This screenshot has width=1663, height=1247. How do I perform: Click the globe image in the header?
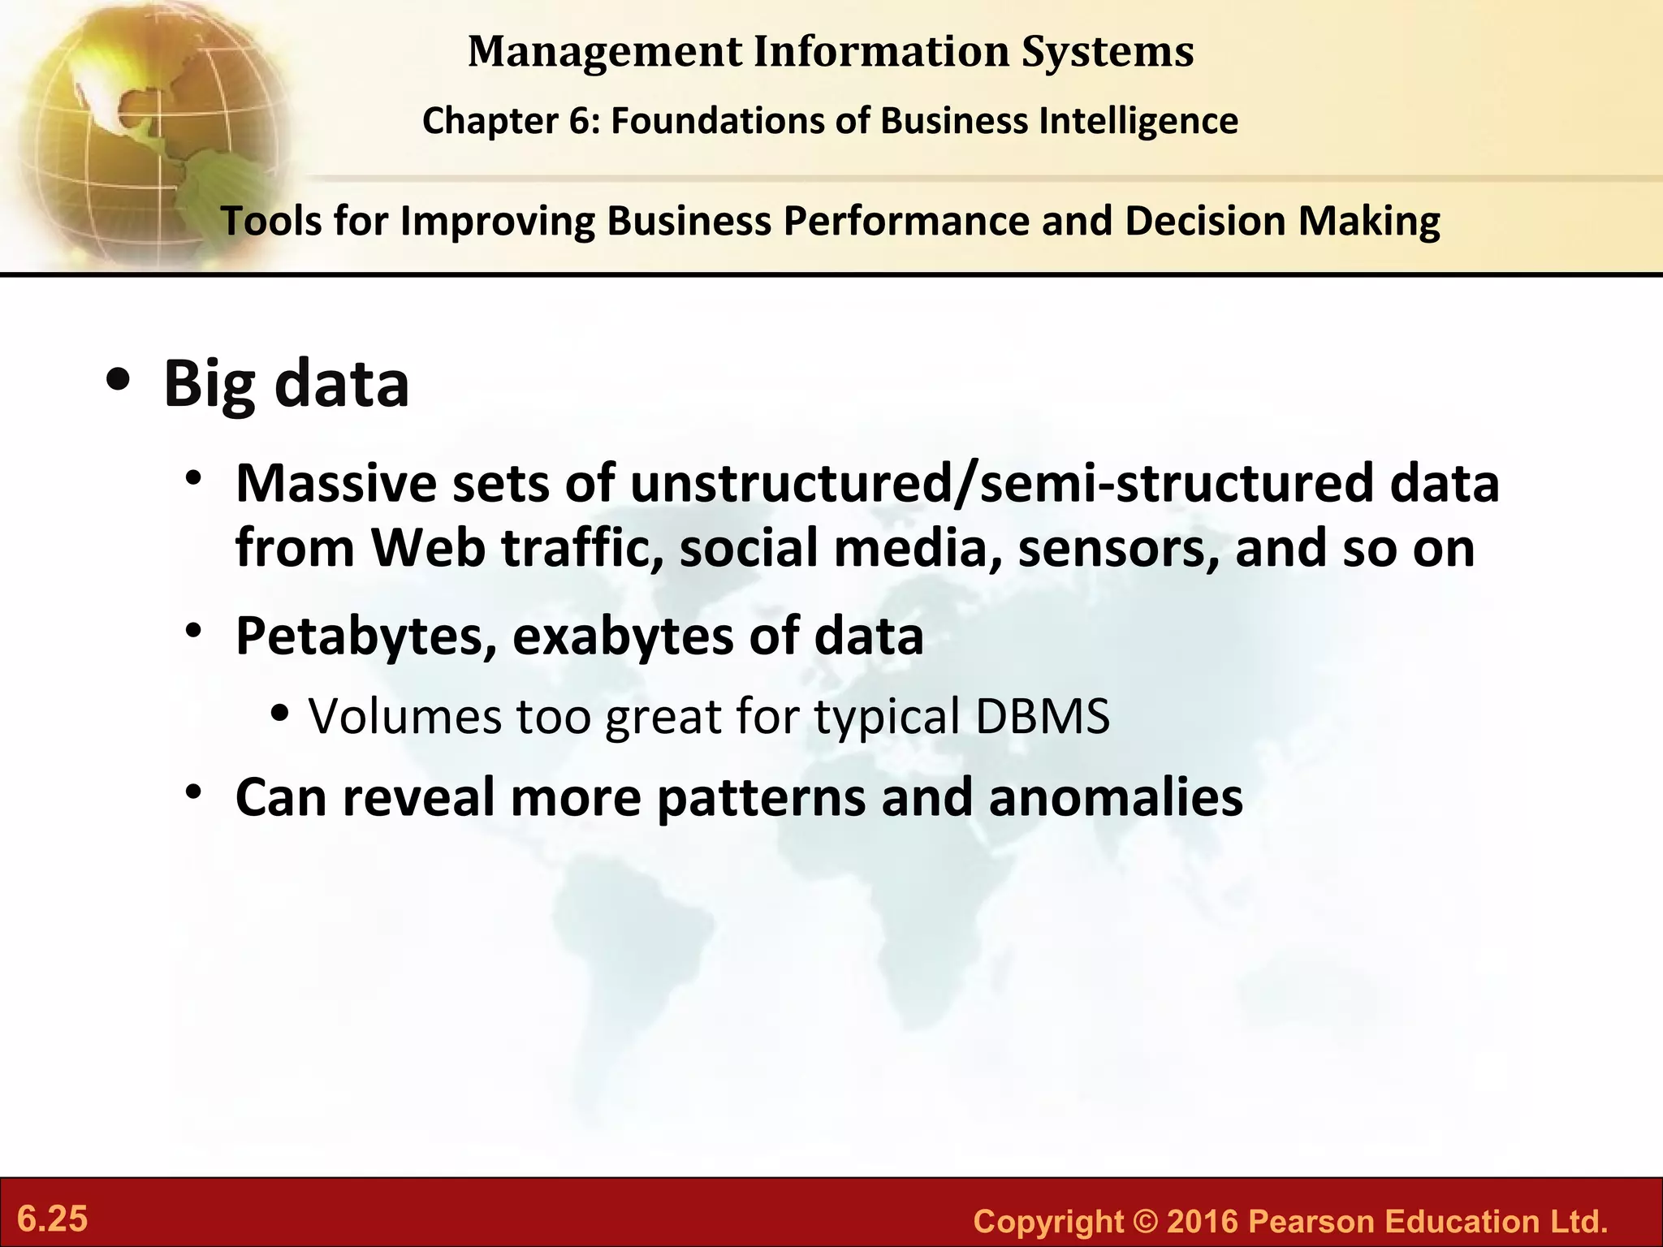146,130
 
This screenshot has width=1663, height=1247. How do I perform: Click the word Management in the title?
604,52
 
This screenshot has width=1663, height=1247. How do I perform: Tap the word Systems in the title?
1108,52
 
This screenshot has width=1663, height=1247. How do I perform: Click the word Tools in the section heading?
271,221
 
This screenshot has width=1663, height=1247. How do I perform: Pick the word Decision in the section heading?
1205,221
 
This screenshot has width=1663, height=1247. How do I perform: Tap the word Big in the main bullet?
209,385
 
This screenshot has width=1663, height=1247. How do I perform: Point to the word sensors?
1117,548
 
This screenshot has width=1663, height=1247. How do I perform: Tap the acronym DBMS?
1042,717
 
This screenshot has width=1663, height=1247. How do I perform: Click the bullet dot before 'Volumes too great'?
280,714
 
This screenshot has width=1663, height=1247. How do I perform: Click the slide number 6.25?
53,1219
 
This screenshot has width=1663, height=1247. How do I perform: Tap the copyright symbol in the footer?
1145,1221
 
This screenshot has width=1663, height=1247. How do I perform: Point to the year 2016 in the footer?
1202,1221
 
